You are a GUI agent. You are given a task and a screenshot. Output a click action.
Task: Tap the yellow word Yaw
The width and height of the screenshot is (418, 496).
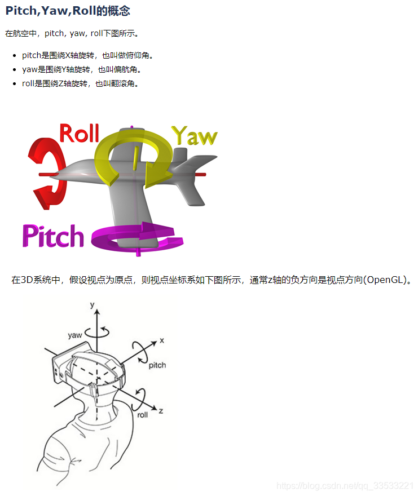tap(194, 136)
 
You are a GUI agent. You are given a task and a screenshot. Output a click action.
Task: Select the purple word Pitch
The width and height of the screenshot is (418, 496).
tap(53, 236)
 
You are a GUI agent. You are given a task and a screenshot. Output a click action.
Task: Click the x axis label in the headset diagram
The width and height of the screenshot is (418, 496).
tap(162, 340)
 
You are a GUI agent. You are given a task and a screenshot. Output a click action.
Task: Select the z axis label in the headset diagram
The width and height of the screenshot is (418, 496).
tap(161, 411)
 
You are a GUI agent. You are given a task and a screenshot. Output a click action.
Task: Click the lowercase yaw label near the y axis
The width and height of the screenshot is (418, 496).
tap(75, 335)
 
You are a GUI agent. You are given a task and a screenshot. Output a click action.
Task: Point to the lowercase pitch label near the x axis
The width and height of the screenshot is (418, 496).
tap(157, 365)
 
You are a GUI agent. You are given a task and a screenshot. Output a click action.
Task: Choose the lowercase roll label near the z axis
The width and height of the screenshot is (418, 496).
tap(143, 414)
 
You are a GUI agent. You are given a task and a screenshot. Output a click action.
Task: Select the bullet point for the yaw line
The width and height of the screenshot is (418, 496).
tap(14, 70)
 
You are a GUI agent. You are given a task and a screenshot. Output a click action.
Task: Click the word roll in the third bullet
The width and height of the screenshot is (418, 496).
tap(28, 83)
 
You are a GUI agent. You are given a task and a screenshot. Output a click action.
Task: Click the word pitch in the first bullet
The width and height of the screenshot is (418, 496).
tap(31, 55)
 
